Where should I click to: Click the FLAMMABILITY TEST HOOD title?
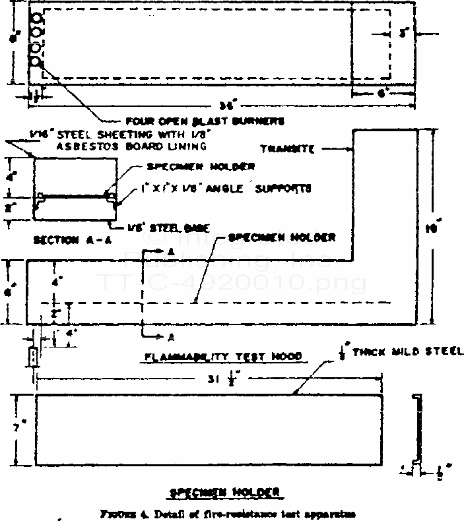pos(222,356)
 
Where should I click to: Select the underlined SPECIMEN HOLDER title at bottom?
pos(225,491)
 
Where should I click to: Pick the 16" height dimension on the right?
pos(433,229)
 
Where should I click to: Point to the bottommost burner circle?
pos(37,63)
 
